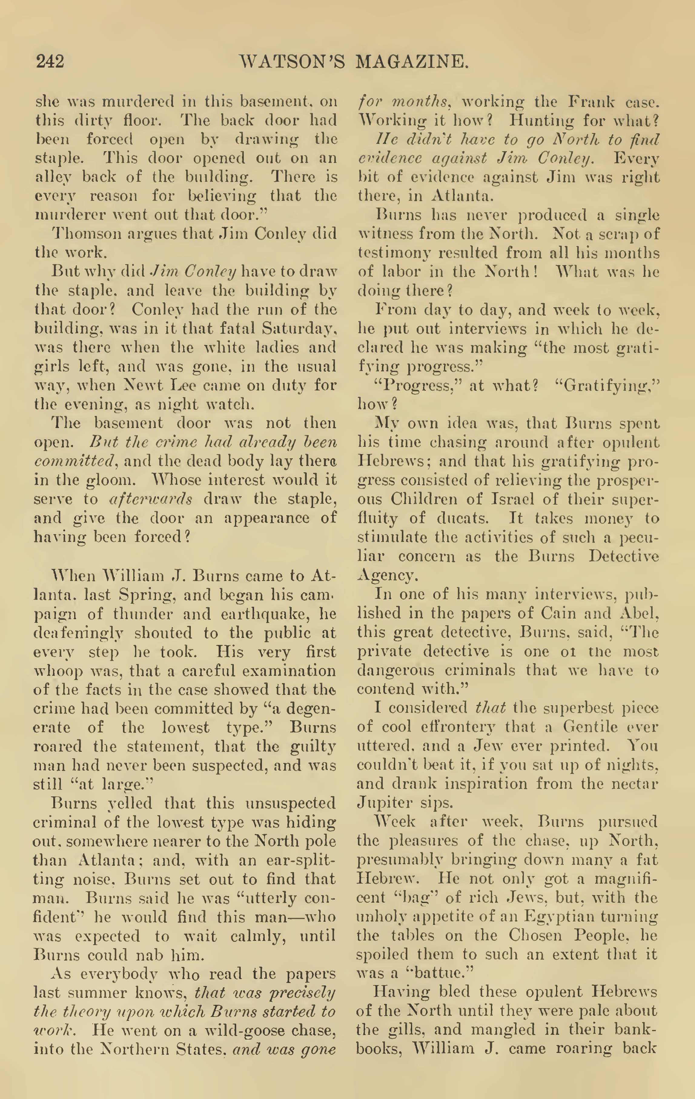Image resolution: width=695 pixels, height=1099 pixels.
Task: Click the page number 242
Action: [x=50, y=61]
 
